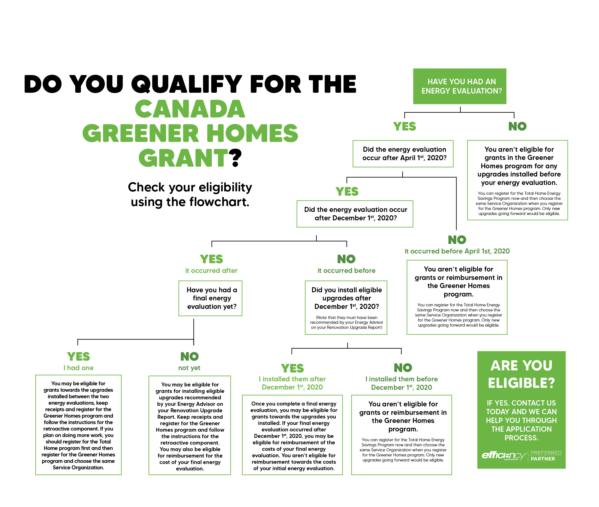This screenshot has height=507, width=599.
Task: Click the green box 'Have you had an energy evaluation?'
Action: [x=459, y=86]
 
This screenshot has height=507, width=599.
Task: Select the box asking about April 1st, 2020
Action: [x=403, y=154]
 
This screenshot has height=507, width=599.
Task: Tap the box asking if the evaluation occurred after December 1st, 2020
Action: [x=355, y=214]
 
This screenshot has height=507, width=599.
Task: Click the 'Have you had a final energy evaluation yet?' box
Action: [x=210, y=298]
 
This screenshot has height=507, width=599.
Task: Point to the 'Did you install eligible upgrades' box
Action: [x=346, y=307]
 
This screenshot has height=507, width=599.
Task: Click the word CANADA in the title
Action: [x=190, y=109]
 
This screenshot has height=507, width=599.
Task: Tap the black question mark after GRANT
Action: [x=235, y=158]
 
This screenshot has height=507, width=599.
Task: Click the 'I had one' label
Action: [x=78, y=368]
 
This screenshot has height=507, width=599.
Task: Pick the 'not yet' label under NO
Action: [x=189, y=368]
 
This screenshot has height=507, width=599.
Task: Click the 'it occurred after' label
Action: [x=211, y=270]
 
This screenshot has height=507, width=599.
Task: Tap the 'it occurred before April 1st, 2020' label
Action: [x=457, y=251]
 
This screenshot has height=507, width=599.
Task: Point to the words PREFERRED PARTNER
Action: [x=546, y=456]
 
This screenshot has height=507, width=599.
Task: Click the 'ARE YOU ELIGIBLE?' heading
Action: [x=521, y=374]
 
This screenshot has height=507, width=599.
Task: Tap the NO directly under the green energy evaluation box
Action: [x=518, y=126]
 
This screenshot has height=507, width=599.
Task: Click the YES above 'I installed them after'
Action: [x=292, y=368]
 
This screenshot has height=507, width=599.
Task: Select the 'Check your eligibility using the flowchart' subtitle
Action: [x=190, y=194]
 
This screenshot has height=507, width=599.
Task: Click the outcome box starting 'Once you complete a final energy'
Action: [x=292, y=435]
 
